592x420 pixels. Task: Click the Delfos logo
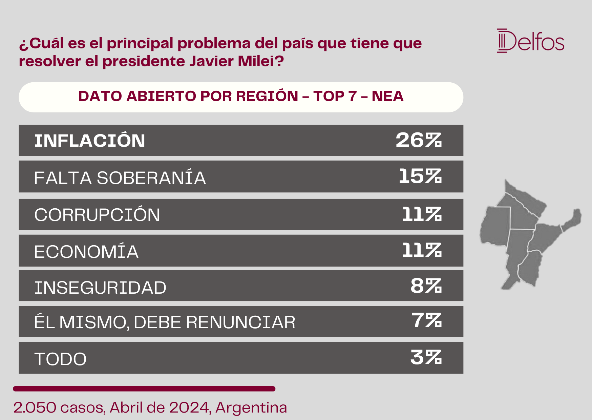531,41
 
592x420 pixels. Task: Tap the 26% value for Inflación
419,140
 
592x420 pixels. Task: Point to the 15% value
420,176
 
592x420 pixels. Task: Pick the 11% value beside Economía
422,251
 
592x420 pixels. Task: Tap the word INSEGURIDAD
100,288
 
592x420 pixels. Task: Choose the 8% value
426,286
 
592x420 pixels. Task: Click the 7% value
427,320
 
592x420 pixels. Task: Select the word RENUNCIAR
241,322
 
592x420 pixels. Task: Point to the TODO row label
60,359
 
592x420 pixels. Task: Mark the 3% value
426,357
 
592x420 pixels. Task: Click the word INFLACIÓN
90,140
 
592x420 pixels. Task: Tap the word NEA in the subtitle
387,96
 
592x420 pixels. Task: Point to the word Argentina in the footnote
251,408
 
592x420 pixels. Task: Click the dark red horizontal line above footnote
144,389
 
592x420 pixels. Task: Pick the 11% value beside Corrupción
422,215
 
